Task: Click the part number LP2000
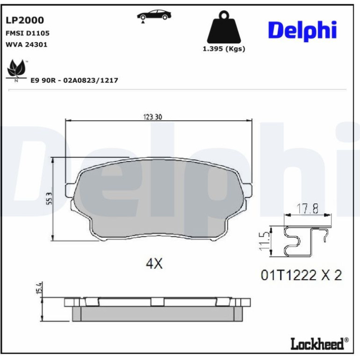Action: coord(25,20)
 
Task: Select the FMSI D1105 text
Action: coord(27,33)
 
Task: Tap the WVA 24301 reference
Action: coord(26,44)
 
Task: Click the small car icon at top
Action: coord(154,15)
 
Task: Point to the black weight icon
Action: coord(224,28)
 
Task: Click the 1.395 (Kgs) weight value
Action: coord(224,49)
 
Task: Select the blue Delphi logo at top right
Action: coord(302,30)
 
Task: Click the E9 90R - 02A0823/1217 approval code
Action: coord(74,80)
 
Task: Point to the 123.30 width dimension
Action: coord(153,117)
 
